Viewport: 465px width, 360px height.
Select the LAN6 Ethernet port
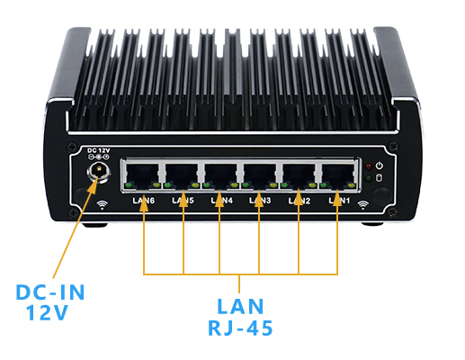pos(144,175)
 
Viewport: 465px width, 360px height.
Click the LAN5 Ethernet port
pos(183,175)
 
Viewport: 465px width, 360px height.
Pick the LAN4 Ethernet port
pos(221,175)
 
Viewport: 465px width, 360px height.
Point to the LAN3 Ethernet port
pos(260,175)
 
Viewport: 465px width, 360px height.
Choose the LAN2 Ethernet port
pos(299,175)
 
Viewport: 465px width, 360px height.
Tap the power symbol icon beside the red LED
pos(380,166)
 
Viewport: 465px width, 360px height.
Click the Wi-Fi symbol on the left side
pos(102,204)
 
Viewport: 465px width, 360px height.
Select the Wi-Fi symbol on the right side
pos(363,204)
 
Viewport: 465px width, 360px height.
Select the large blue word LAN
pos(240,305)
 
